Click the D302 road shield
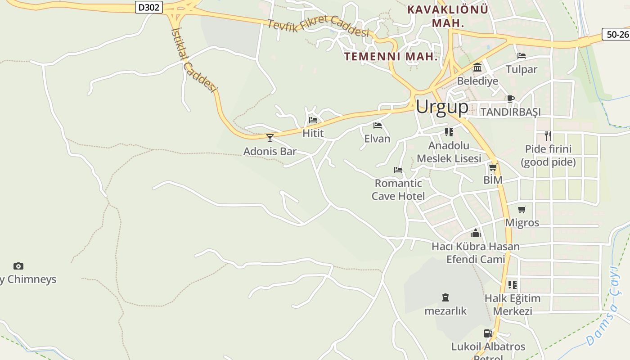[148, 7]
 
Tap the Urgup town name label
[441, 107]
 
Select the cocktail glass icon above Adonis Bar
[270, 138]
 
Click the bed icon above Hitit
[313, 120]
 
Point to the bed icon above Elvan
[377, 125]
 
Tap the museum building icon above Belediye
[477, 67]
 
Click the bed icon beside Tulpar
[522, 56]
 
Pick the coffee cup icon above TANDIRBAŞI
[510, 99]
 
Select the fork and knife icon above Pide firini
[548, 135]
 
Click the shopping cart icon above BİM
[493, 167]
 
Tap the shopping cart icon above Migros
[522, 209]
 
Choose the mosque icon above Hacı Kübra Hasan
[476, 233]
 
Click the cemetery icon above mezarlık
[445, 297]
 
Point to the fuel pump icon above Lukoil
[488, 333]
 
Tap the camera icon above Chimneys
[18, 266]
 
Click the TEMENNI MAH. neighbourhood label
[391, 57]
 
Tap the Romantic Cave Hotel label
[398, 189]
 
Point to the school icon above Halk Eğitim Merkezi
[512, 285]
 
